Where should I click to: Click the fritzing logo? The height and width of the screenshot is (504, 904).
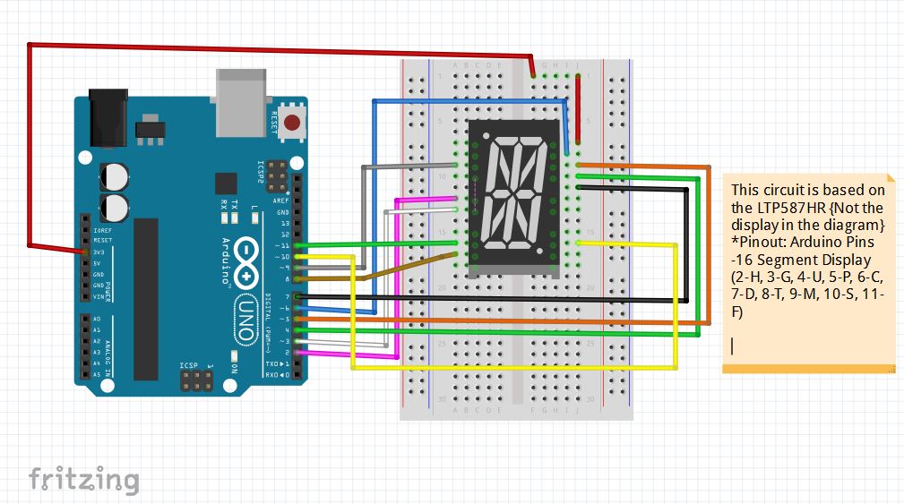(83, 480)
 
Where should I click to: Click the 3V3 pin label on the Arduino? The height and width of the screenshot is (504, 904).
(98, 252)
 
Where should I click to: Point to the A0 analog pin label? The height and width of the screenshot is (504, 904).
(97, 319)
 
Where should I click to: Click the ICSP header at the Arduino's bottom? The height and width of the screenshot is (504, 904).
(196, 381)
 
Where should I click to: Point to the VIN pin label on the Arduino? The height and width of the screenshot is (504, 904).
(98, 295)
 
